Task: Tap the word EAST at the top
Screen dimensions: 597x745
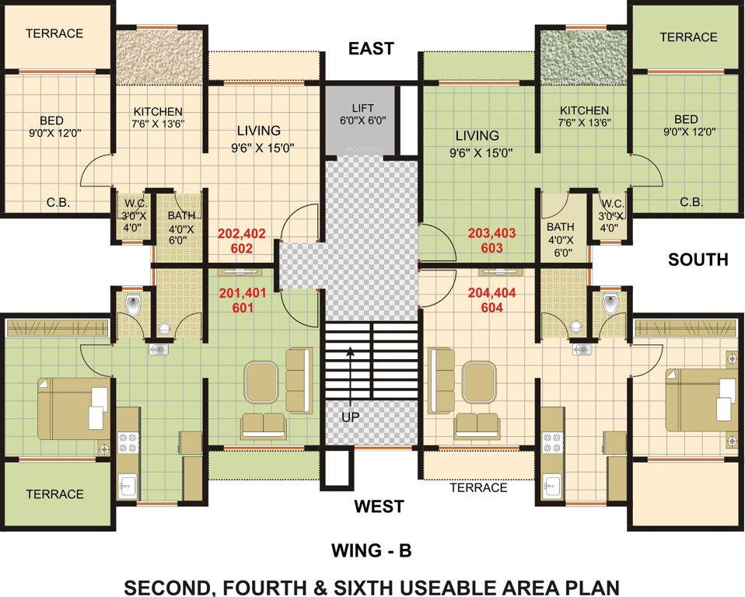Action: (371, 49)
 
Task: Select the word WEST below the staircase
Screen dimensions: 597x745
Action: (379, 507)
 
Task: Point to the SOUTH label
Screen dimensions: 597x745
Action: (698, 260)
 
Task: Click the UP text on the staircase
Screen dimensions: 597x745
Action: (350, 417)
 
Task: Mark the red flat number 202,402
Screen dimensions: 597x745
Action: (241, 232)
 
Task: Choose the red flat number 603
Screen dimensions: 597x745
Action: (491, 248)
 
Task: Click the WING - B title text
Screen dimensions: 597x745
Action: (371, 551)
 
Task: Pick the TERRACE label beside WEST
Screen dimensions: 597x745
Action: (478, 487)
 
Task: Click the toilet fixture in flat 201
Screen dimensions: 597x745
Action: (134, 305)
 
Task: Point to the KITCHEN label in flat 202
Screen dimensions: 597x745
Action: (158, 111)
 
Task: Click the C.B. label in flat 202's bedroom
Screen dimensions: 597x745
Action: (58, 202)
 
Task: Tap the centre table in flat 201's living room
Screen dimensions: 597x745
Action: (261, 380)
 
